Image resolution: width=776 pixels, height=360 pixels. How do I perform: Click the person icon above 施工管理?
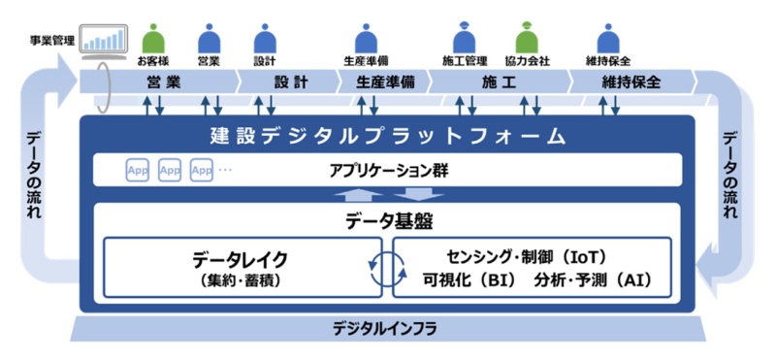463,39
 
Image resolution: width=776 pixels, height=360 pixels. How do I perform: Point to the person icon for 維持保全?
608,39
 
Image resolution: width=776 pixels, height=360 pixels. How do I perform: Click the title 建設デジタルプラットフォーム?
387,134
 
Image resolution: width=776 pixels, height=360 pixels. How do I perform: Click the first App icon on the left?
138,171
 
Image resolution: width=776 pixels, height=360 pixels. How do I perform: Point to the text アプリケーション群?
387,171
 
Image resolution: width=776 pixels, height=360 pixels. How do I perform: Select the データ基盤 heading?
387,220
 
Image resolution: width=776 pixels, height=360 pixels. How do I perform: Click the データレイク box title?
240,259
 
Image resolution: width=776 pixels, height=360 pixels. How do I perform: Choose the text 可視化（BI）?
469,281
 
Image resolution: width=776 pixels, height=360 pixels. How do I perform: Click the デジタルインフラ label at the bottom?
387,329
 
